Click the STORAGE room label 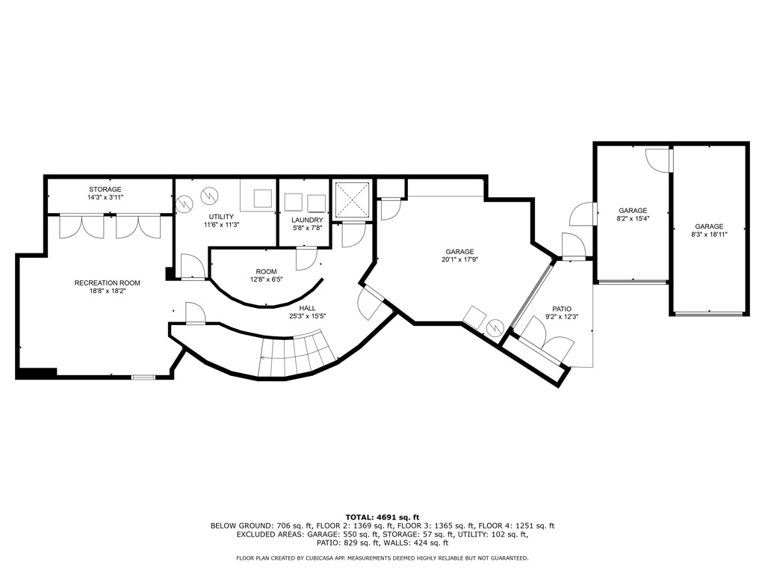(x=105, y=189)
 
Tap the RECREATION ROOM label (x=107, y=283)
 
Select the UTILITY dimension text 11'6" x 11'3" (x=222, y=224)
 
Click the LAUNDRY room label (x=307, y=220)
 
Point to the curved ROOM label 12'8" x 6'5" (x=266, y=271)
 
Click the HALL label (x=307, y=307)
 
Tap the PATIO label (x=562, y=308)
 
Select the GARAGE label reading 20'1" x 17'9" (x=460, y=252)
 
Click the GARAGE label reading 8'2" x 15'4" (x=632, y=210)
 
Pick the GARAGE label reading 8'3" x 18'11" (x=709, y=226)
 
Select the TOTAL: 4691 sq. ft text (x=382, y=516)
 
